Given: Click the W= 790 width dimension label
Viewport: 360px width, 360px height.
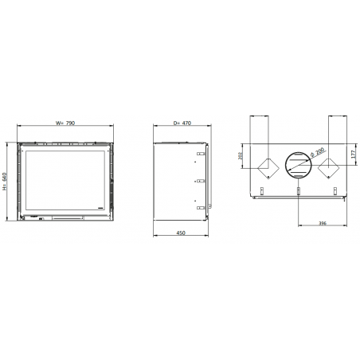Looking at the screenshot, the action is coord(65,123).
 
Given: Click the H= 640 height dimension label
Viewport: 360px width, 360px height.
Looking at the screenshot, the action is coord(4,182).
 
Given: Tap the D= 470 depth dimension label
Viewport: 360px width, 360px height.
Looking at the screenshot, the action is coord(182,123).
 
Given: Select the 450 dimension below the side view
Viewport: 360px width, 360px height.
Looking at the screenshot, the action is coord(181,233).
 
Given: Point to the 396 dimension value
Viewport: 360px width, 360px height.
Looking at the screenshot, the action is coord(323,223).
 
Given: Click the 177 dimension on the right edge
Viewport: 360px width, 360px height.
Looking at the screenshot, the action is coord(353,155).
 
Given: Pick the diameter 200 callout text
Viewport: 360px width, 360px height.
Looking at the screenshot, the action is coord(317,153).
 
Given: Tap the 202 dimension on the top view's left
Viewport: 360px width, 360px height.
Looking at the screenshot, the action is coord(241,156).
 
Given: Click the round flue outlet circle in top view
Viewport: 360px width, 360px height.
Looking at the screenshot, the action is coord(298,165).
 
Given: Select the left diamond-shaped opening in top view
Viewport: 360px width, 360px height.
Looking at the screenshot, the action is coord(268,168).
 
